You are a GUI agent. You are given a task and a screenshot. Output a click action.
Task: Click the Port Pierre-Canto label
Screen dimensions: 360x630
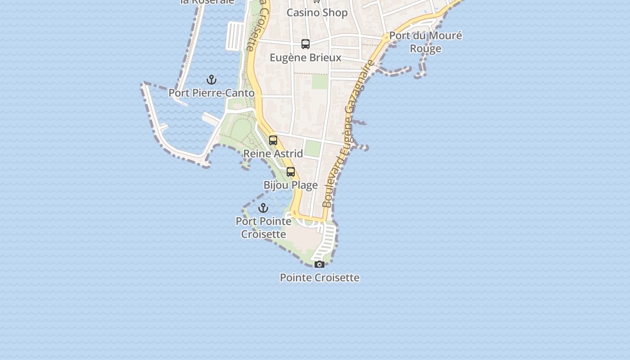point(211,93)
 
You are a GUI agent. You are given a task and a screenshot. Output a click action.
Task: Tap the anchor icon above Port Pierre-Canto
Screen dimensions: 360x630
point(211,80)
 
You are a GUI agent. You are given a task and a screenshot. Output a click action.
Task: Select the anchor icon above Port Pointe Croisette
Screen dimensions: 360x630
point(263,208)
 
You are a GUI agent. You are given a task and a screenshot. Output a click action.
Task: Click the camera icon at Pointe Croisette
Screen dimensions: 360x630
point(319,264)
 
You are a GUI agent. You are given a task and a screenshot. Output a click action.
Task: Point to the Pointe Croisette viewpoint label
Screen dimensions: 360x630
point(319,278)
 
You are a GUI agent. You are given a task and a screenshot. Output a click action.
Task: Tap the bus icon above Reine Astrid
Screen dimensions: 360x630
point(273,140)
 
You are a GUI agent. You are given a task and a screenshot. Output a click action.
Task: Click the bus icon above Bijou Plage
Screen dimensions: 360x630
point(291,172)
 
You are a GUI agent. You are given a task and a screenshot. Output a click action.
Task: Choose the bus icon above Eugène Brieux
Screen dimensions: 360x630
point(306,44)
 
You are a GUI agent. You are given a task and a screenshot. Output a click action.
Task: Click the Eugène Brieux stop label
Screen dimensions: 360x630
point(306,58)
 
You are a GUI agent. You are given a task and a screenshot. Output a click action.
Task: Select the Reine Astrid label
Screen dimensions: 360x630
point(273,153)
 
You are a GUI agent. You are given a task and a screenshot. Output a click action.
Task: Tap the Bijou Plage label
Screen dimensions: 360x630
point(291,185)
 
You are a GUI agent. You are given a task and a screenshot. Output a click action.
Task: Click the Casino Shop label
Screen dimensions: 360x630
point(317,13)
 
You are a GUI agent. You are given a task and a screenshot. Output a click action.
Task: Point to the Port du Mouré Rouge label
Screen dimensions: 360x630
point(426,42)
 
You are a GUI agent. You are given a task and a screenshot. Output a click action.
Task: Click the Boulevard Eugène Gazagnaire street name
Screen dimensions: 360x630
point(348,134)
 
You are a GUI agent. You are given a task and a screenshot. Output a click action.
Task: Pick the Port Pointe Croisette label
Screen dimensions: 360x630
point(264,228)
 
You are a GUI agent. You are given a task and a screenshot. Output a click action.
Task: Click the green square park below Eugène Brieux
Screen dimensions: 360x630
point(320,81)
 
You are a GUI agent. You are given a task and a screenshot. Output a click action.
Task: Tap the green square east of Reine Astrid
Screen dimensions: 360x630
point(312,148)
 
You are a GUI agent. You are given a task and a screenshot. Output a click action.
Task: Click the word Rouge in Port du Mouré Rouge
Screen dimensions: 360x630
point(426,49)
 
